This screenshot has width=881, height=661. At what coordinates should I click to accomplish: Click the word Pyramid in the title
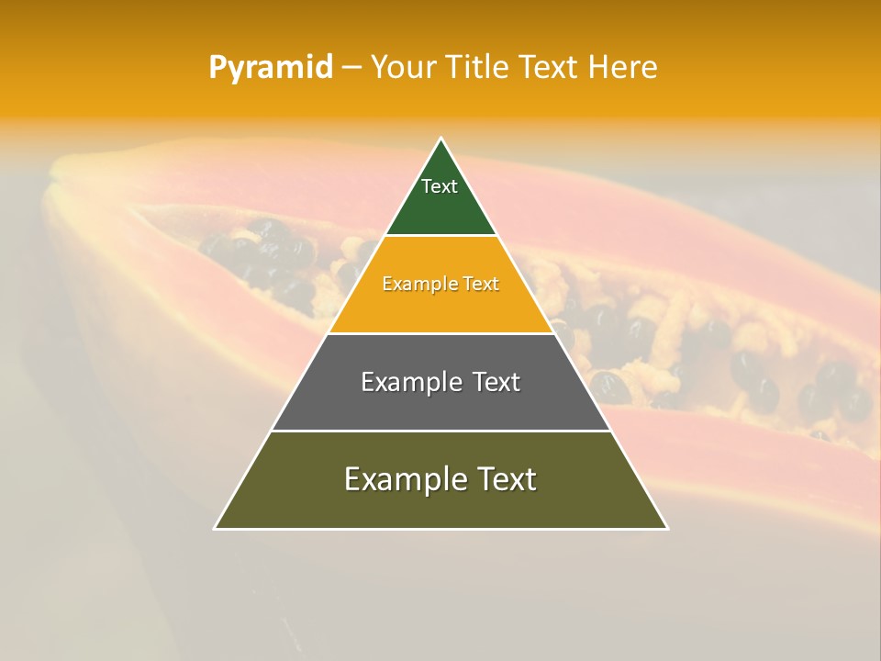(x=271, y=68)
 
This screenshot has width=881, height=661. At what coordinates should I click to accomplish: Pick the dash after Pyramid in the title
(x=351, y=68)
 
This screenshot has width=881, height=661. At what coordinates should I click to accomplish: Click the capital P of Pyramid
(x=217, y=67)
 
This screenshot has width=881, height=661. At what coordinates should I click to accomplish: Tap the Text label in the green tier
(x=440, y=186)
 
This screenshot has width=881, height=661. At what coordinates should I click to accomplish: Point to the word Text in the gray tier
(x=496, y=382)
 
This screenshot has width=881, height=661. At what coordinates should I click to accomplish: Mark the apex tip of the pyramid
(x=441, y=139)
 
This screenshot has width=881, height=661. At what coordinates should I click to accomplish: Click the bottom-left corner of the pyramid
(x=216, y=528)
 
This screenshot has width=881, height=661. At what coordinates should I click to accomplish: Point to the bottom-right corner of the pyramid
(x=666, y=528)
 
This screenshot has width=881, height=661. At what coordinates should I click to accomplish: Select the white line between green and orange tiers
(x=441, y=235)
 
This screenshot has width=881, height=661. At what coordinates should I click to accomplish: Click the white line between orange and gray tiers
(x=441, y=333)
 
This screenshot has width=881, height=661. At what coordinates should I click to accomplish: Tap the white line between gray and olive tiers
(x=441, y=431)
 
